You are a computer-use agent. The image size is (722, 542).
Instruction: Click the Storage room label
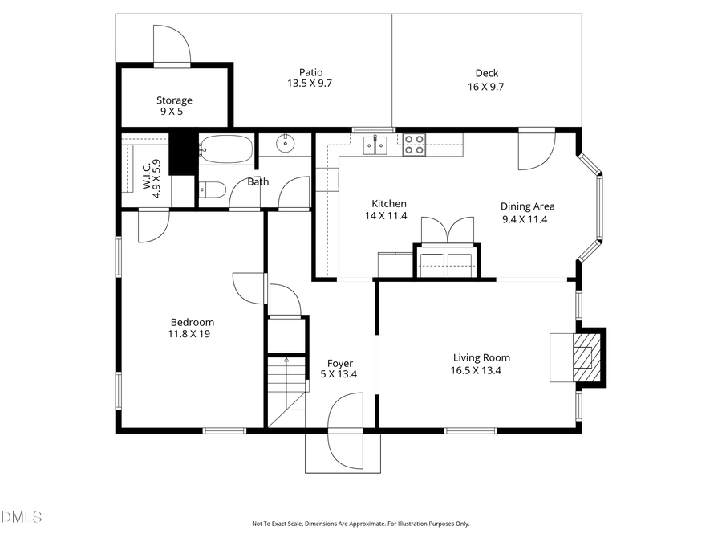click(x=174, y=100)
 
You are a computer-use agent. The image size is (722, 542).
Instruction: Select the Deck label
click(x=486, y=73)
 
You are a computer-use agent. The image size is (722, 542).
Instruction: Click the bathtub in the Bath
click(x=226, y=149)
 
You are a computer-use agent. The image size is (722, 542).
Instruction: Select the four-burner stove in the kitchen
click(x=414, y=145)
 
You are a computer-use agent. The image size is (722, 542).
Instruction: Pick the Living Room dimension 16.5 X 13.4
click(x=481, y=370)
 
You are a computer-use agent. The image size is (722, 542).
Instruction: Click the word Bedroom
click(x=191, y=323)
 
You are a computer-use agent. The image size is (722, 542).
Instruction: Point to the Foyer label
click(x=339, y=364)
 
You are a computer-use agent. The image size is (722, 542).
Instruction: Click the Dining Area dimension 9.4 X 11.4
click(x=525, y=219)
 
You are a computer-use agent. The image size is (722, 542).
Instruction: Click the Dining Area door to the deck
click(x=535, y=150)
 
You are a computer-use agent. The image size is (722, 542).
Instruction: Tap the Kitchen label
click(x=388, y=204)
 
